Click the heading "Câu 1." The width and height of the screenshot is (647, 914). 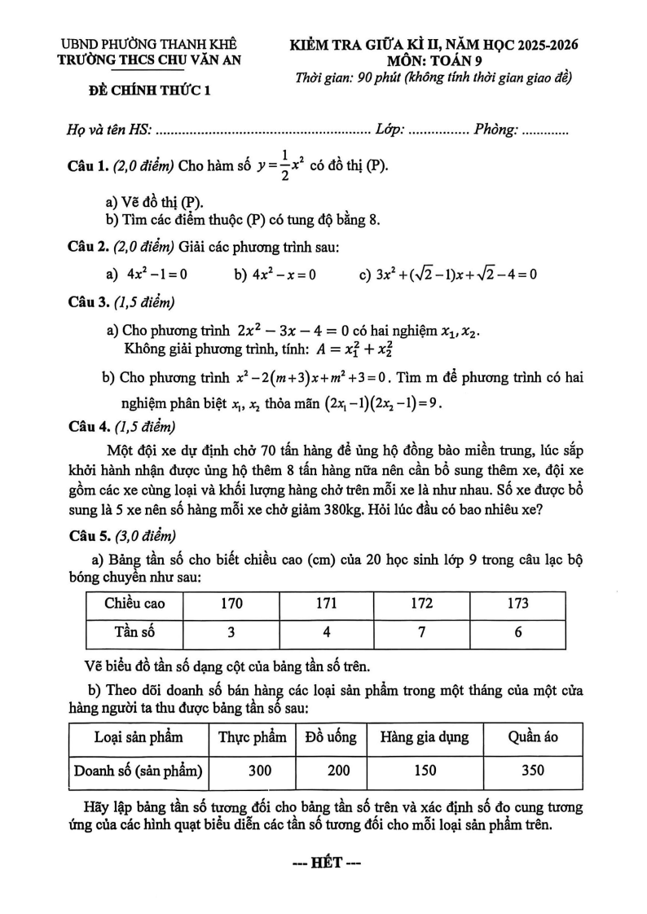click(x=88, y=167)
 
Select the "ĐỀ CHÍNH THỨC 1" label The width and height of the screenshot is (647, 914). click(x=149, y=91)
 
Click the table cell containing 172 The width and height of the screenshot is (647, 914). click(x=421, y=604)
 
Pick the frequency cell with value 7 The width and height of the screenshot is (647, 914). click(x=421, y=631)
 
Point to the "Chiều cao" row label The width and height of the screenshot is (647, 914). click(x=134, y=604)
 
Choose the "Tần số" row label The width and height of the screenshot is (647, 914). click(x=134, y=631)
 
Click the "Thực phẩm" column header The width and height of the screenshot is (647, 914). click(x=253, y=737)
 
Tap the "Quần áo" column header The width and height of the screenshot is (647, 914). click(x=532, y=737)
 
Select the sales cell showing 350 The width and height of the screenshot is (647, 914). click(x=532, y=770)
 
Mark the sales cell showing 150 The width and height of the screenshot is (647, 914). click(x=425, y=770)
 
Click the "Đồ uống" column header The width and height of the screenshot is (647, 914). click(x=331, y=737)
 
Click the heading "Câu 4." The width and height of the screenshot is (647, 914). click(x=88, y=425)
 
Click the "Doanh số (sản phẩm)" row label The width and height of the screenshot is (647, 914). click(x=138, y=770)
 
